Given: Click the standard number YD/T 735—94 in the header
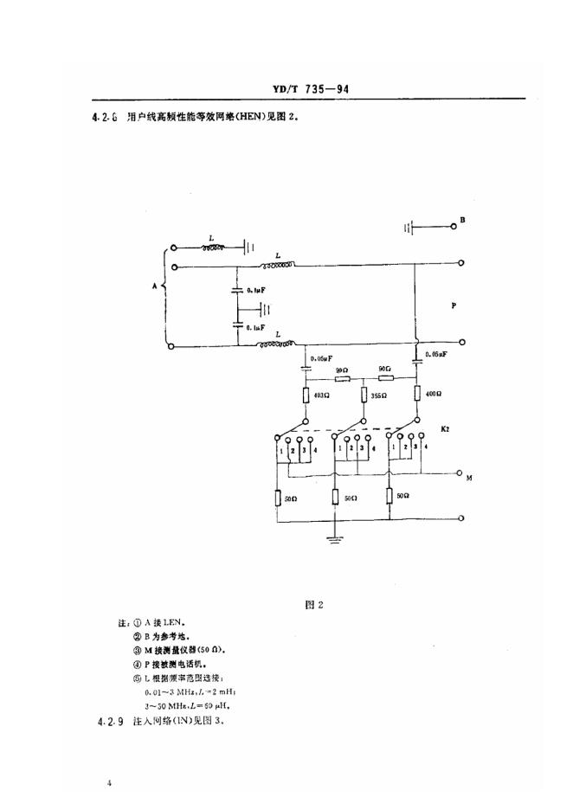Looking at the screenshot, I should (x=309, y=88).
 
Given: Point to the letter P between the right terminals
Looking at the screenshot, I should (x=455, y=306).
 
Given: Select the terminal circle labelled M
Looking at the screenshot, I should (x=460, y=473).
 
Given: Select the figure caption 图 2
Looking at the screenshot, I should (x=313, y=606).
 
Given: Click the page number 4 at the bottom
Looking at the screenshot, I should (x=110, y=783).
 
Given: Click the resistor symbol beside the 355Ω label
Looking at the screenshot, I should (x=364, y=395).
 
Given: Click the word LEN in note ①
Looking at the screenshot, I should (x=172, y=622).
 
